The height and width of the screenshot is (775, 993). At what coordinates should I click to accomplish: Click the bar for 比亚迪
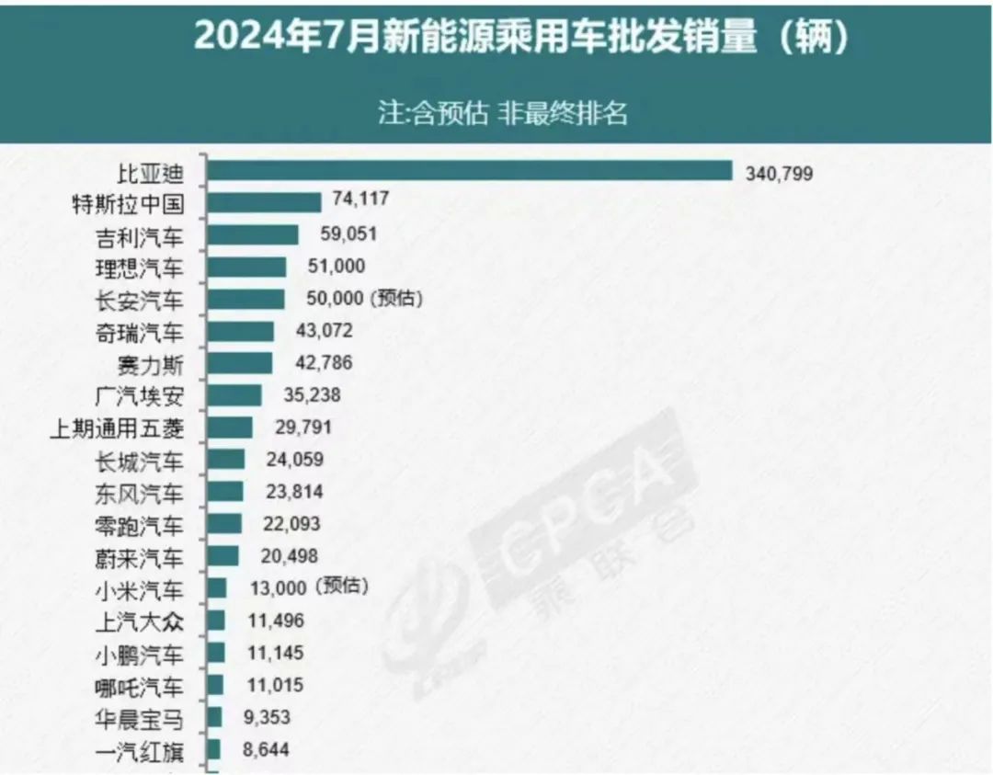pos(469,171)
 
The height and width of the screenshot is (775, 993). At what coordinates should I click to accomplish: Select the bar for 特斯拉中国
pos(264,202)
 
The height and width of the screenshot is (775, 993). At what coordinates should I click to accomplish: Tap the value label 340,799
pos(779,172)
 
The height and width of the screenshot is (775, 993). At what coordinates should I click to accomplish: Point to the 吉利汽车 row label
pos(140,236)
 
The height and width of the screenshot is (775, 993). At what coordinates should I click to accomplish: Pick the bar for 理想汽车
pos(246,268)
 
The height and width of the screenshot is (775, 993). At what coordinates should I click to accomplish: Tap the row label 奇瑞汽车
pos(140,332)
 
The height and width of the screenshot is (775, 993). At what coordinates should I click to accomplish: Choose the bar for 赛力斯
pos(239,363)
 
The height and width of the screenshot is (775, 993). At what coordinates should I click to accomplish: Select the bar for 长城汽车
pos(225,460)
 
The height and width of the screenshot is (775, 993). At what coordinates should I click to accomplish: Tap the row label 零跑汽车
pos(140,525)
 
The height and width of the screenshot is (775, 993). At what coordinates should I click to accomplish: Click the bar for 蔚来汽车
pos(223,556)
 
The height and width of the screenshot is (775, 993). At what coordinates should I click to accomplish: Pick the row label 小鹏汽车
pos(140,655)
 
